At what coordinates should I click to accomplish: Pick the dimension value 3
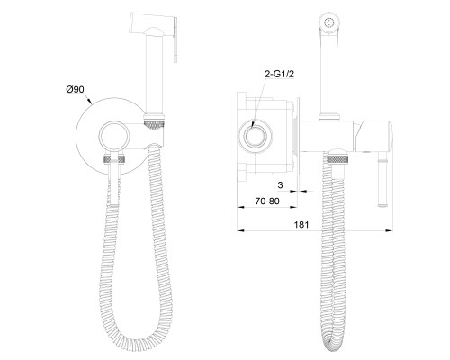point(281,185)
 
